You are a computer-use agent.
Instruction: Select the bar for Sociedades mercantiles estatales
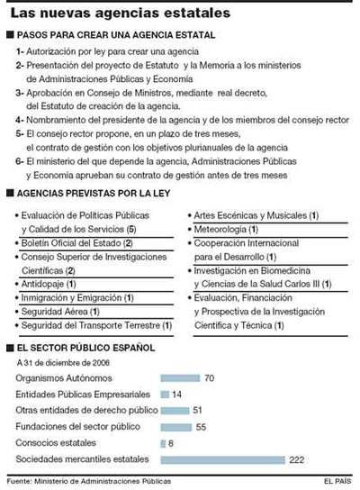coord(221,459)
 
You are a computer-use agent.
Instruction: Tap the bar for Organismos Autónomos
coord(179,377)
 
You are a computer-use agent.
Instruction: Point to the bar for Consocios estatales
coord(162,443)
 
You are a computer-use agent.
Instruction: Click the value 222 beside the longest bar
coord(298,459)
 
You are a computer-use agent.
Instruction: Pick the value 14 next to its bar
coord(176,394)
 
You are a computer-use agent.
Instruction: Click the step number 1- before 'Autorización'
coord(20,52)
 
